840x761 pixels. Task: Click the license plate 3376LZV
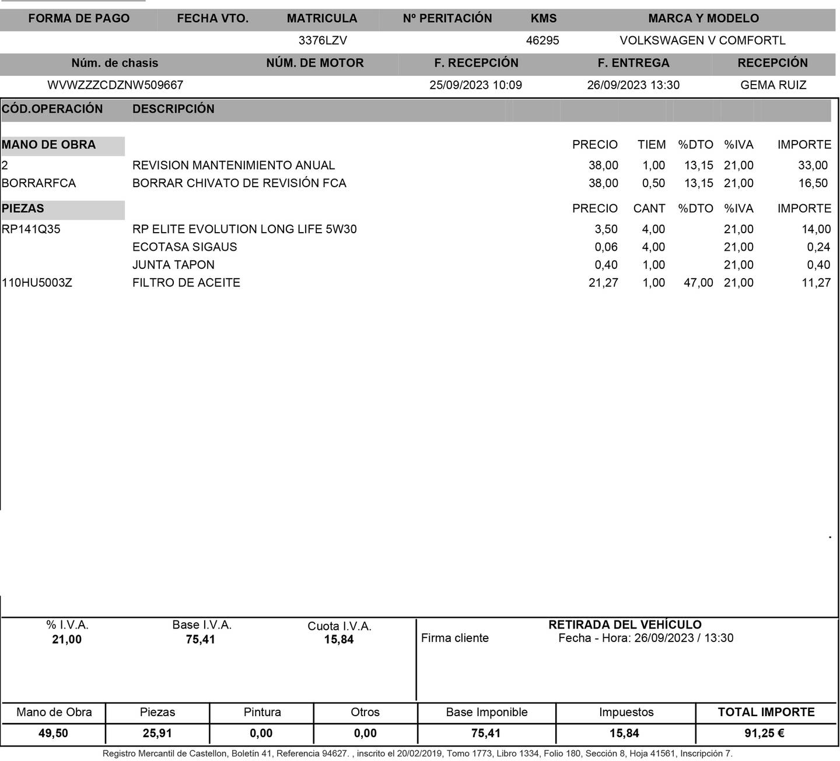pos(323,40)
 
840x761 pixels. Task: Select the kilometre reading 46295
pos(542,40)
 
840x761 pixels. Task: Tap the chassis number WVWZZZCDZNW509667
pos(115,85)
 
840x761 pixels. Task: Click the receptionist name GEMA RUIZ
pos(773,85)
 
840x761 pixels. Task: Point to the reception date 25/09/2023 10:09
pos(475,85)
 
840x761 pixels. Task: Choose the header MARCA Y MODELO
pos(703,18)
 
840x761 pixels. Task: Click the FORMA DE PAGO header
pos(79,18)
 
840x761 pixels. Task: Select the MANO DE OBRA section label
pos(48,145)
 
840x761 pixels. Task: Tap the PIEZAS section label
pos(23,208)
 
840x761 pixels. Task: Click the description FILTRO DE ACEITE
pos(186,283)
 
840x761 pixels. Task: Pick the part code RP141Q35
pos(31,229)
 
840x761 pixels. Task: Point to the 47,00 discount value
pos(698,283)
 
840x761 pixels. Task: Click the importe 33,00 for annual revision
pos(813,166)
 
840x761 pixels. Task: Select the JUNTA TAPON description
pos(173,265)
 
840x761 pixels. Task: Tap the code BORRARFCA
pos(38,183)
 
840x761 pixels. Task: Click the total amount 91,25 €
pos(764,733)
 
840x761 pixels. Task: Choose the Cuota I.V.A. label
pos(339,626)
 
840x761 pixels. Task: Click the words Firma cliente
pos(455,638)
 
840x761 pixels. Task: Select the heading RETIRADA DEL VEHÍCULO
pos(625,625)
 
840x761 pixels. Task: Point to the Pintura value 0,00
pos(261,733)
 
